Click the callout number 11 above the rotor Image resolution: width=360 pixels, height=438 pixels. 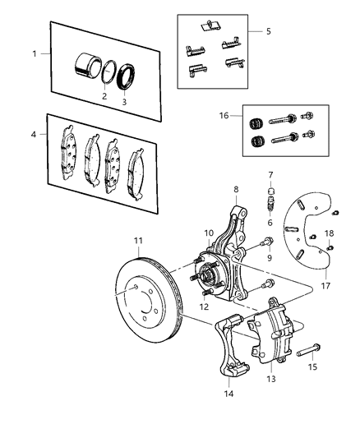pos(138,241)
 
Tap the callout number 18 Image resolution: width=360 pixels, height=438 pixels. pos(330,233)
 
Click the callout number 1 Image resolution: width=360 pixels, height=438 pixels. pos(34,53)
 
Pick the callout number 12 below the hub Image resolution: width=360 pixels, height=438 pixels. pos(202,307)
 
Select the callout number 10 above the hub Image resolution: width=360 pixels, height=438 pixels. pos(209,233)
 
